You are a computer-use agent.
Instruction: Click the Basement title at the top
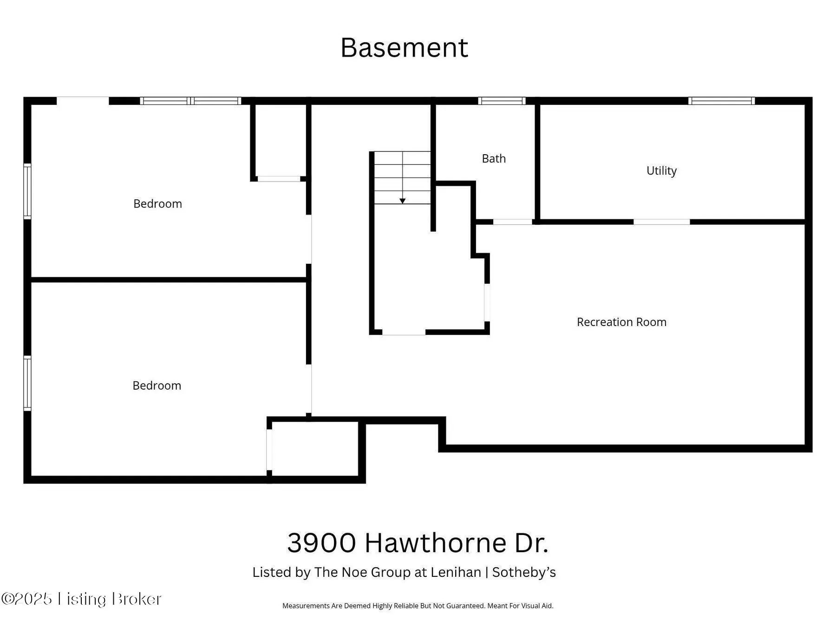(404, 47)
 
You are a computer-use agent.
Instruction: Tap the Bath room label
(494, 158)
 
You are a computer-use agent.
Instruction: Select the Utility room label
(661, 170)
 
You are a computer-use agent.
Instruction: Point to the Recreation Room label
(621, 322)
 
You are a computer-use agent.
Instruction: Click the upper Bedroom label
(157, 203)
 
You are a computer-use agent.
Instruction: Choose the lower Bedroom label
(157, 385)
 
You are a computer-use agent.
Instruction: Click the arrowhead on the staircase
(403, 201)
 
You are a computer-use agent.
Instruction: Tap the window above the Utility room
(721, 101)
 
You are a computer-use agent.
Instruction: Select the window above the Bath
(502, 101)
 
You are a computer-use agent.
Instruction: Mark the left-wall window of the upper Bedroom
(27, 191)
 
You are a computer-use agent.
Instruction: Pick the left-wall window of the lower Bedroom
(27, 383)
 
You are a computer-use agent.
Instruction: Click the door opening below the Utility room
(661, 222)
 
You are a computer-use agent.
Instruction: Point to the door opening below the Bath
(512, 222)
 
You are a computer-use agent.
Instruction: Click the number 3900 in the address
(321, 542)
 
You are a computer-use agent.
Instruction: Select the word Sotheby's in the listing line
(524, 572)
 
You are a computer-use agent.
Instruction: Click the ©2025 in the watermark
(26, 599)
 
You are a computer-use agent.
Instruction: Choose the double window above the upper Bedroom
(190, 101)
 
